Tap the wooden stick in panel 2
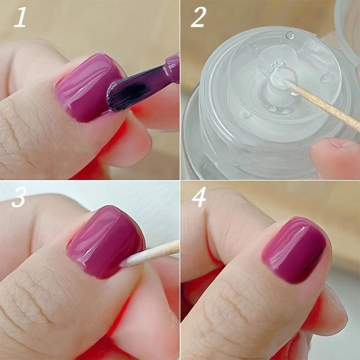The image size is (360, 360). tap(324, 105)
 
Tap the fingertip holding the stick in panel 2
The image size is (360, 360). tap(333, 155)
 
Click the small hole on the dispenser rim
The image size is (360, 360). tap(290, 35)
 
